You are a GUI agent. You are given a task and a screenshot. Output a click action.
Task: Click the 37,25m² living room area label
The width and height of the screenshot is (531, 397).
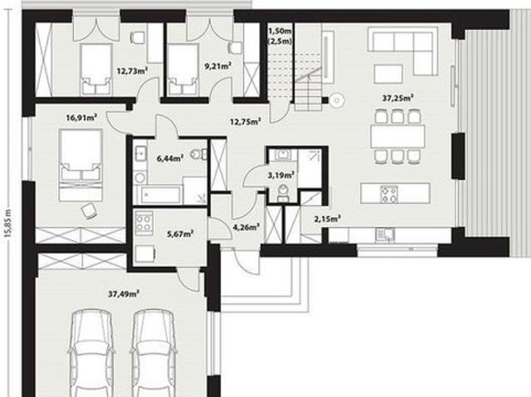click(x=397, y=99)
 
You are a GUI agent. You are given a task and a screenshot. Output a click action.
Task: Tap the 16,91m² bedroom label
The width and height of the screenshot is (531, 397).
click(x=81, y=118)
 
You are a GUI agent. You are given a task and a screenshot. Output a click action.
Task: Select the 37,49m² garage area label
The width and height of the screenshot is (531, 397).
click(x=124, y=294)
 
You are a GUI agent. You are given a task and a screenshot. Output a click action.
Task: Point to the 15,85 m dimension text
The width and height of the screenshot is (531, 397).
click(x=9, y=225)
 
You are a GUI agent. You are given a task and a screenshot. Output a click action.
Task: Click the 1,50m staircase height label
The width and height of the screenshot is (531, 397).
click(x=280, y=31)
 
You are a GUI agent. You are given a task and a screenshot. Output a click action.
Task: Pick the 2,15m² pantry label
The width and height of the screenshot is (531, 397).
click(x=327, y=219)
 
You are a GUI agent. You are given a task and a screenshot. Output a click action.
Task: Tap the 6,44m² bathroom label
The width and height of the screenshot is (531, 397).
click(x=170, y=158)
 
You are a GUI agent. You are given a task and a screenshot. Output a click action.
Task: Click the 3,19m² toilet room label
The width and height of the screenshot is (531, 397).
click(x=280, y=175)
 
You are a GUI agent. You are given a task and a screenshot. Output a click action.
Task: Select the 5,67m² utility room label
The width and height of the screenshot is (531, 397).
click(x=180, y=234)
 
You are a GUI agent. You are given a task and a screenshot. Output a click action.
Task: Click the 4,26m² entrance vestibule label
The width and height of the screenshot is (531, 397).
click(x=246, y=227)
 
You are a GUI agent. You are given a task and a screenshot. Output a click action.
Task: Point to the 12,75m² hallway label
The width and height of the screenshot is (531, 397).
click(x=246, y=121)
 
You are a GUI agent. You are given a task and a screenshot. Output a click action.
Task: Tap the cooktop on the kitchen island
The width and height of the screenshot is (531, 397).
click(x=389, y=194)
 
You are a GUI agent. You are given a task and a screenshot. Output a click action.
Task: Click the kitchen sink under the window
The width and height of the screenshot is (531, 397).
click(x=385, y=235)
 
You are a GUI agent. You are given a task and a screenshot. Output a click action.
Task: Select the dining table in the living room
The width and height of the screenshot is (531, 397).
click(x=398, y=136)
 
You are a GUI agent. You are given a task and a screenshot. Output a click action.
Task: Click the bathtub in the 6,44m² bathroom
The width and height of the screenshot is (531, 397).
click(x=160, y=195)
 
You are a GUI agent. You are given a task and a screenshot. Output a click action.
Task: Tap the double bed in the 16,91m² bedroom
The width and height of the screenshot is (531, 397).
click(x=80, y=165)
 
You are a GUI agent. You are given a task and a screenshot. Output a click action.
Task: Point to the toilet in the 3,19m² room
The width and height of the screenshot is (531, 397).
click(x=282, y=193)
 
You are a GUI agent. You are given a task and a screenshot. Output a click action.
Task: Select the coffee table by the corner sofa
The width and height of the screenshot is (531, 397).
click(x=388, y=74)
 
